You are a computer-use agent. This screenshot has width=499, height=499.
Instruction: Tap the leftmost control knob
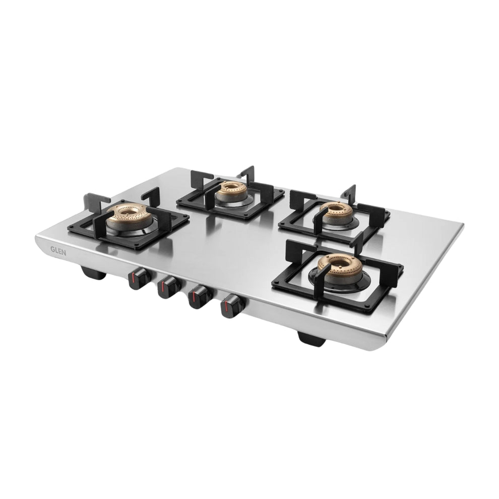(138, 278)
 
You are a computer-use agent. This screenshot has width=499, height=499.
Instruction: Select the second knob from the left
(168, 287)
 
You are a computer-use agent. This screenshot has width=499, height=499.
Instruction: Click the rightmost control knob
(232, 306)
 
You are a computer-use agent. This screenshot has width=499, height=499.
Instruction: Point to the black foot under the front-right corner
(311, 338)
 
